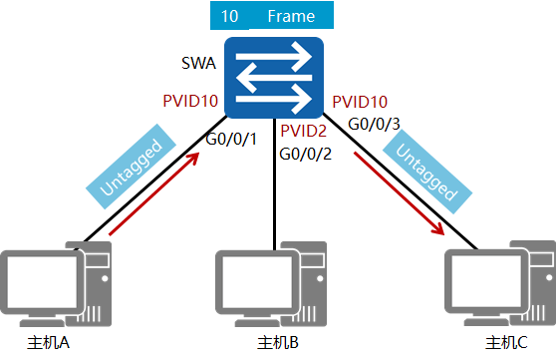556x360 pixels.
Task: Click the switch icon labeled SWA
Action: [274, 77]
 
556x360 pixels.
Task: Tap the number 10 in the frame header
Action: [230, 17]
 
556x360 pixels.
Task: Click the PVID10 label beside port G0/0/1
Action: [189, 102]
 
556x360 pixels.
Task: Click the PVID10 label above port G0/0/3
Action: [360, 102]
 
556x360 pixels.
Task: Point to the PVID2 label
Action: [304, 131]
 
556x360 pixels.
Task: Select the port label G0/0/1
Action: [232, 138]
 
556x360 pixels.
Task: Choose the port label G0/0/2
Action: [305, 154]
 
